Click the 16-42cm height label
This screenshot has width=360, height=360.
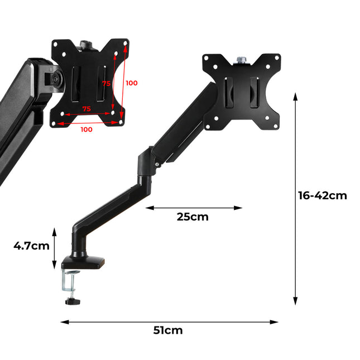pos(322,195)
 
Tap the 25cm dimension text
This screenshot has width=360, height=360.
pos(193,217)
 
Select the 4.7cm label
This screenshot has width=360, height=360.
pos(32,246)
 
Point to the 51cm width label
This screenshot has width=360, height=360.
pos(168,330)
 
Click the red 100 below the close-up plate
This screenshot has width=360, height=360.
pos(87,129)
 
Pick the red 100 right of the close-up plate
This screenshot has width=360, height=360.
pos(131,83)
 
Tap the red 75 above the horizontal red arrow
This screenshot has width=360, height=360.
pos(87,109)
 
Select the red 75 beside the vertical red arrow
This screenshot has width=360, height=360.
pos(106,83)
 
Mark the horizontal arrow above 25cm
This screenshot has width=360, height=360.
pos(194,208)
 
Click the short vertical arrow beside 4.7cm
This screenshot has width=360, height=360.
pos(55,248)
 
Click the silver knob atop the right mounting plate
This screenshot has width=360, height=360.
pos(242,58)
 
